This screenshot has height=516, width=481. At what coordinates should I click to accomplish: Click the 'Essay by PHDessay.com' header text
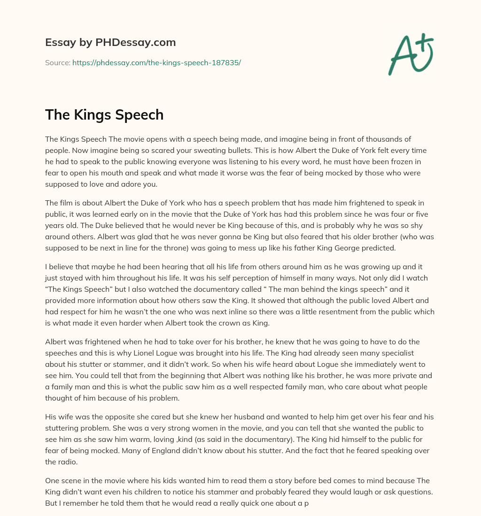pyautogui.click(x=110, y=43)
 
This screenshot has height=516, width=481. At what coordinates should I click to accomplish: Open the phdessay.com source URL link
pyautogui.click(x=156, y=62)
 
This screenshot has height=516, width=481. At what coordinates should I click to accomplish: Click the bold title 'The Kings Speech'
pyautogui.click(x=104, y=114)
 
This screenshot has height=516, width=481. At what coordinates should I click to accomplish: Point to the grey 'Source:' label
pyautogui.click(x=57, y=62)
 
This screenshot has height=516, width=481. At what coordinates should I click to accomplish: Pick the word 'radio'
pyautogui.click(x=65, y=462)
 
